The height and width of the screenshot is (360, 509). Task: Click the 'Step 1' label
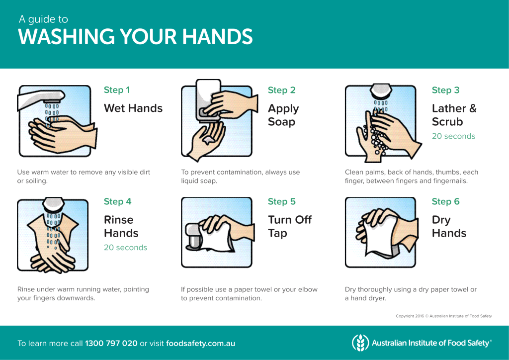point(116,90)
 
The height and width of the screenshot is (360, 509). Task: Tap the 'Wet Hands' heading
point(133,108)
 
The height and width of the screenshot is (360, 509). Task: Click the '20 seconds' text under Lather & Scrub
point(453,136)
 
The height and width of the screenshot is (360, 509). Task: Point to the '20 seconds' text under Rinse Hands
point(125,247)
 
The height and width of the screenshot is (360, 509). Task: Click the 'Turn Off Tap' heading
point(290,226)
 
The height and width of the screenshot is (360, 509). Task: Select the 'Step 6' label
point(445,201)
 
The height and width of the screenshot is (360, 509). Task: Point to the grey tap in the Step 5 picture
point(193,236)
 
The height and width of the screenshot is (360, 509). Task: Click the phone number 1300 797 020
point(111,344)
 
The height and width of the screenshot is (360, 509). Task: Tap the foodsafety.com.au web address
point(201,344)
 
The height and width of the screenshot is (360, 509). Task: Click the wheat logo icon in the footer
point(360,343)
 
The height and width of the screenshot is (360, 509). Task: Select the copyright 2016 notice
point(443,316)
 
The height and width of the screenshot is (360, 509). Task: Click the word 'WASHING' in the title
point(67,36)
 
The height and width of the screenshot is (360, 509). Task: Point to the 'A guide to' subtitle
point(44,19)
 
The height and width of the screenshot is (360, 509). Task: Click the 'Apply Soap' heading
point(283,115)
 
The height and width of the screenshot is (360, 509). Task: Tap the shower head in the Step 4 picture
point(54,204)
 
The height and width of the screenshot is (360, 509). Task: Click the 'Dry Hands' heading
point(449,226)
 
